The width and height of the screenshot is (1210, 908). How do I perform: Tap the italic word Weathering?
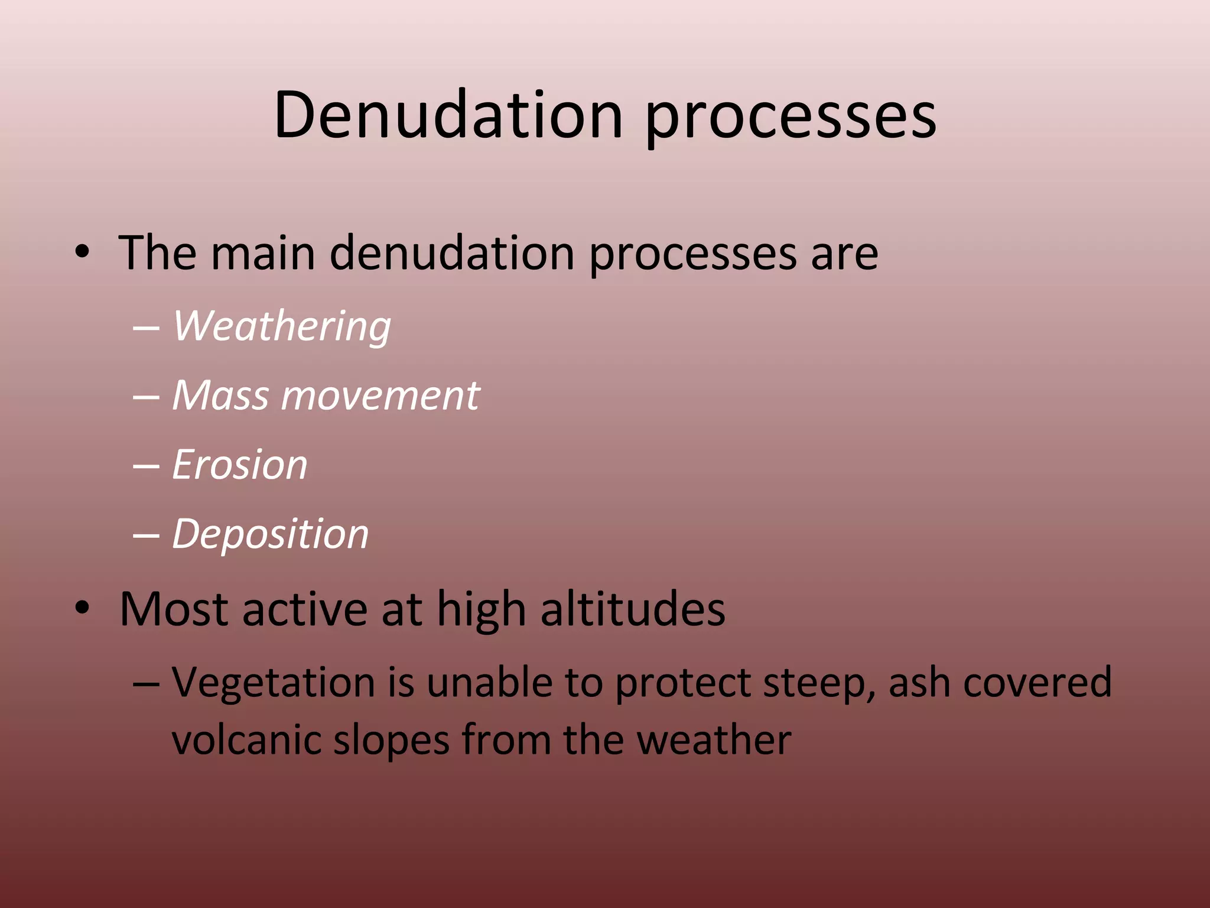pyautogui.click(x=282, y=326)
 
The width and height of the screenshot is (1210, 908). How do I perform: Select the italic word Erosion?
pyautogui.click(x=240, y=465)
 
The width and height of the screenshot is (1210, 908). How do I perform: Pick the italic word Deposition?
pyautogui.click(x=271, y=534)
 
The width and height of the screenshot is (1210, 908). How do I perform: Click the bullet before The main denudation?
pyautogui.click(x=82, y=254)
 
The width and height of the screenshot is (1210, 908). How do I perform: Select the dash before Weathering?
pyautogui.click(x=146, y=327)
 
